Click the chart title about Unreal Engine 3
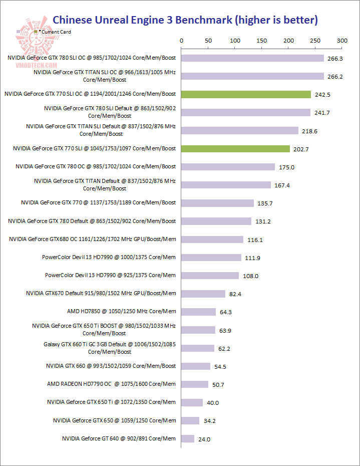(185, 20)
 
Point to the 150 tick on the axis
(262, 41)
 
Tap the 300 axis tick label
(342, 41)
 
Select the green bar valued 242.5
(246, 94)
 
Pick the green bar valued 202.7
(235, 149)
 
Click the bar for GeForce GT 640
(188, 439)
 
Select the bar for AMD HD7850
(198, 312)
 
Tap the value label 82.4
(235, 294)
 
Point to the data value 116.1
(255, 240)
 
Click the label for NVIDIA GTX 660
(111, 366)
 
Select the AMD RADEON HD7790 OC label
(111, 384)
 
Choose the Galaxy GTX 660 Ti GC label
(110, 348)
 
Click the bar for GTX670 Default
(203, 294)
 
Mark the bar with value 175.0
(228, 167)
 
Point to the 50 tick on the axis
(208, 41)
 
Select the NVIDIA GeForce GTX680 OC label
(93, 239)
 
